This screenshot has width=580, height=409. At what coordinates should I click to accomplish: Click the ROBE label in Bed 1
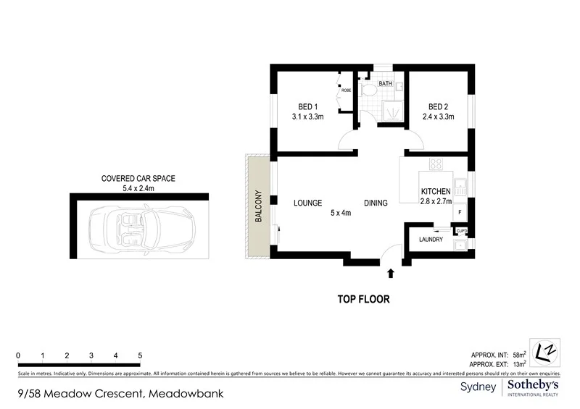(x=347, y=90)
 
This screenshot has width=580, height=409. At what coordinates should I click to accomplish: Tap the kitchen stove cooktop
(x=436, y=164)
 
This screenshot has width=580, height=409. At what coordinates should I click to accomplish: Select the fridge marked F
(x=460, y=212)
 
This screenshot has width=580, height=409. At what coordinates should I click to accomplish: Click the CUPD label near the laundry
(x=461, y=232)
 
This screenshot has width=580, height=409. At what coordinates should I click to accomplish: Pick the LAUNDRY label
(x=431, y=240)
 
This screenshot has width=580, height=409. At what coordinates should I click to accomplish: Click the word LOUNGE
(x=307, y=203)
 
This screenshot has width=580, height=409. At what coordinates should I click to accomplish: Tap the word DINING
(x=376, y=203)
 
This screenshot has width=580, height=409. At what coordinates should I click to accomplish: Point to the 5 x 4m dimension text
(x=341, y=213)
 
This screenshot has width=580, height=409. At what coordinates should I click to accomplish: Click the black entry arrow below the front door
(x=391, y=273)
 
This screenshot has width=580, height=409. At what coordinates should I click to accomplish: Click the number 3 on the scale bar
(x=91, y=356)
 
